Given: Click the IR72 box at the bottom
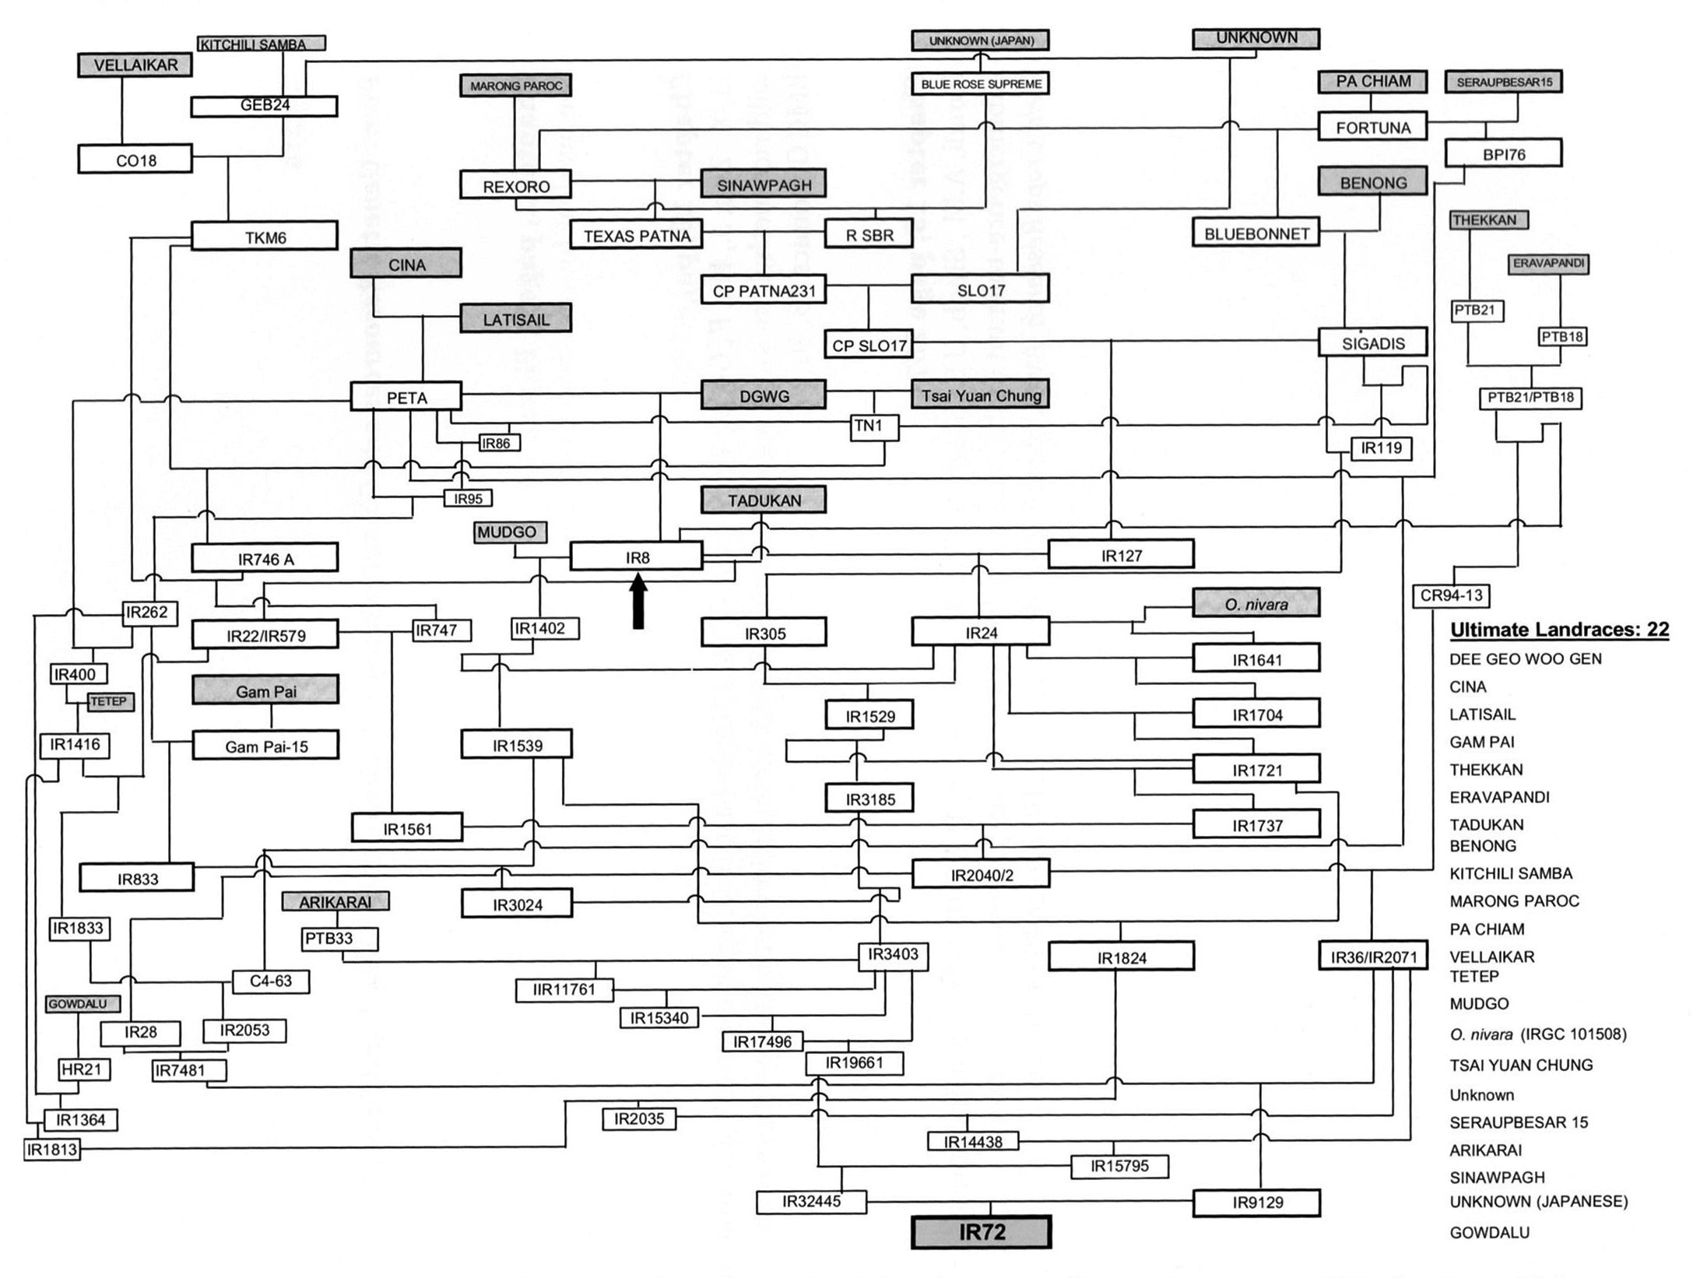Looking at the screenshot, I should [981, 1233].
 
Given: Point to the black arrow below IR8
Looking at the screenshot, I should [638, 600].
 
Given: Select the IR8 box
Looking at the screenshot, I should [637, 557].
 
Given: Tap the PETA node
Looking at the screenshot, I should [406, 397].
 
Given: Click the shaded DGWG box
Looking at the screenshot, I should [764, 395].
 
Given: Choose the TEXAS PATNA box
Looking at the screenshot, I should [637, 236].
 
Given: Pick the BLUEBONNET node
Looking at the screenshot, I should [1256, 233].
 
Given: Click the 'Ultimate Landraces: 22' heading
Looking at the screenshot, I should [1559, 629].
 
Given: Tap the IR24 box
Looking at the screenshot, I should [981, 632].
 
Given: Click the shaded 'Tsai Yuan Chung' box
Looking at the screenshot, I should [981, 395].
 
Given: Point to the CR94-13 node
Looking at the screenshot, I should [1452, 596].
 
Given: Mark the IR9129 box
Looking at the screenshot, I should [1257, 1203].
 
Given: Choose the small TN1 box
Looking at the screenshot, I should [874, 426].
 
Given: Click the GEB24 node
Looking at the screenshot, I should [265, 106].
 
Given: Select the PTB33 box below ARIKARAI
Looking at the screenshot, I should [340, 939].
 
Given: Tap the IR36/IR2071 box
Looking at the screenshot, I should [1374, 957].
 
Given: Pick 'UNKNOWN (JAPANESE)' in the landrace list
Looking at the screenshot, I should [1539, 1201].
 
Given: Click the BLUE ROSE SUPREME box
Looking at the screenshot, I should [981, 83].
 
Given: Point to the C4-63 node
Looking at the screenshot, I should [271, 981].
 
